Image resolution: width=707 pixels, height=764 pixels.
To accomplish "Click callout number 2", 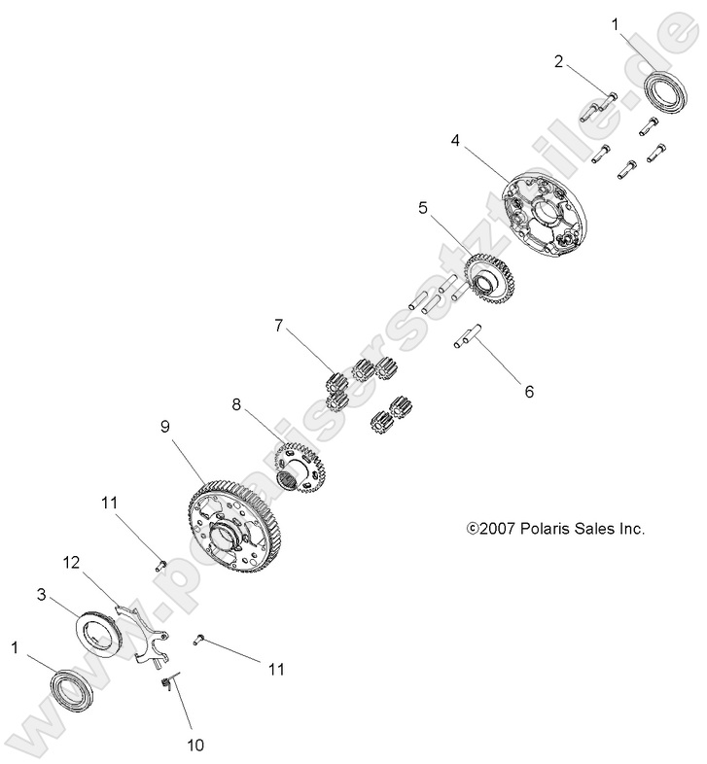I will [x=558, y=62].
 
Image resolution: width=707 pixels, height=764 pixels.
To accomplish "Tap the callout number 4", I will [x=455, y=141].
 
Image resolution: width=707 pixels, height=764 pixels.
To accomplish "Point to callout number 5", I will [x=423, y=207].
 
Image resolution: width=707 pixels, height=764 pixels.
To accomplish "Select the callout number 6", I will [x=529, y=393].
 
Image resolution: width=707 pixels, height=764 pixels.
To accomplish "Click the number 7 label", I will [x=280, y=327].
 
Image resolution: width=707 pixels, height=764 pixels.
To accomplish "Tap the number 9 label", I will [x=164, y=426].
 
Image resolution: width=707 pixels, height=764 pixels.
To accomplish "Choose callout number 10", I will [x=194, y=746].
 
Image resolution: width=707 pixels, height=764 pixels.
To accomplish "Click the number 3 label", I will [x=43, y=593].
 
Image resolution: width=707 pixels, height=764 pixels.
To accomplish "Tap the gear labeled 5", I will [x=490, y=275].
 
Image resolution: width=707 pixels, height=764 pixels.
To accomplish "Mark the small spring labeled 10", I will [x=167, y=684].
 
